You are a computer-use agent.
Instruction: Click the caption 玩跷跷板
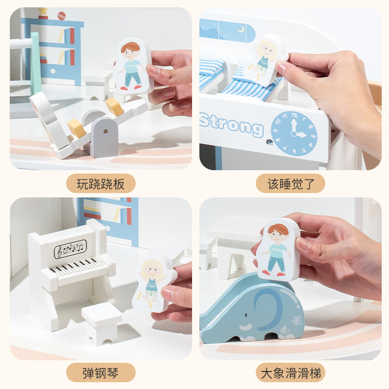[x=101, y=184]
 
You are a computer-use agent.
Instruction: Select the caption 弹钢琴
[x=101, y=373]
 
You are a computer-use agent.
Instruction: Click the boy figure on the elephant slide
[x=278, y=248]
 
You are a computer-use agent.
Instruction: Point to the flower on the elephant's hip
[x=296, y=320]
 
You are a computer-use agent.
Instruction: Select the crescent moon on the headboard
[x=241, y=29]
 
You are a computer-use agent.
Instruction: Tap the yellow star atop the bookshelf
[x=43, y=11]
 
